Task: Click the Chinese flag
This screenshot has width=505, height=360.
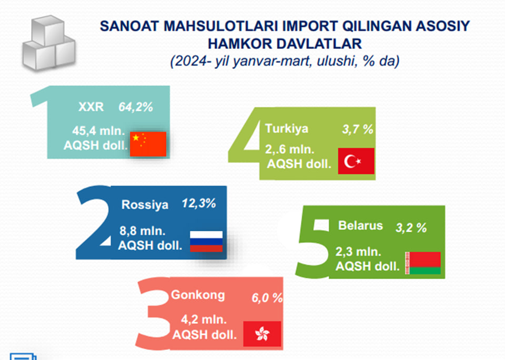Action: coord(148,144)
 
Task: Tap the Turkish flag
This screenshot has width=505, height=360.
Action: coord(356,161)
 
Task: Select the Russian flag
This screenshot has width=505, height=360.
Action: coord(206,241)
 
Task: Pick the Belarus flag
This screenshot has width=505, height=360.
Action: coord(423,263)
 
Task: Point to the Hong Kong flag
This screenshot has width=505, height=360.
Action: coord(262,334)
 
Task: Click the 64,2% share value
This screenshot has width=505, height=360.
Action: coord(136,107)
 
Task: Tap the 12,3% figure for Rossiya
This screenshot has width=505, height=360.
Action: coord(199,203)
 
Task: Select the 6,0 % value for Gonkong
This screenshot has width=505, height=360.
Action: coord(267,298)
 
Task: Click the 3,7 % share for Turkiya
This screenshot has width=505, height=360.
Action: coord(358,129)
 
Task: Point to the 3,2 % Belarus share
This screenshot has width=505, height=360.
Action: coord(411,228)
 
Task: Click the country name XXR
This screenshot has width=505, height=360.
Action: coord(91,107)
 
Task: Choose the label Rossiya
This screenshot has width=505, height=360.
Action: coord(145,204)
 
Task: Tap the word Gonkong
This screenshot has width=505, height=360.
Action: coord(198,295)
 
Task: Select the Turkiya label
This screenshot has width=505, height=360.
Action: coord(287,129)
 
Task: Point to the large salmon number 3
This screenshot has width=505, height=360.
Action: coord(153,314)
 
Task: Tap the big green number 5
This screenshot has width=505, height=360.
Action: coord(313,243)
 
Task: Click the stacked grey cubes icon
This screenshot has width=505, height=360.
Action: coord(48,43)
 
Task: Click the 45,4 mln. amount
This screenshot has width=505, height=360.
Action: coord(98,131)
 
